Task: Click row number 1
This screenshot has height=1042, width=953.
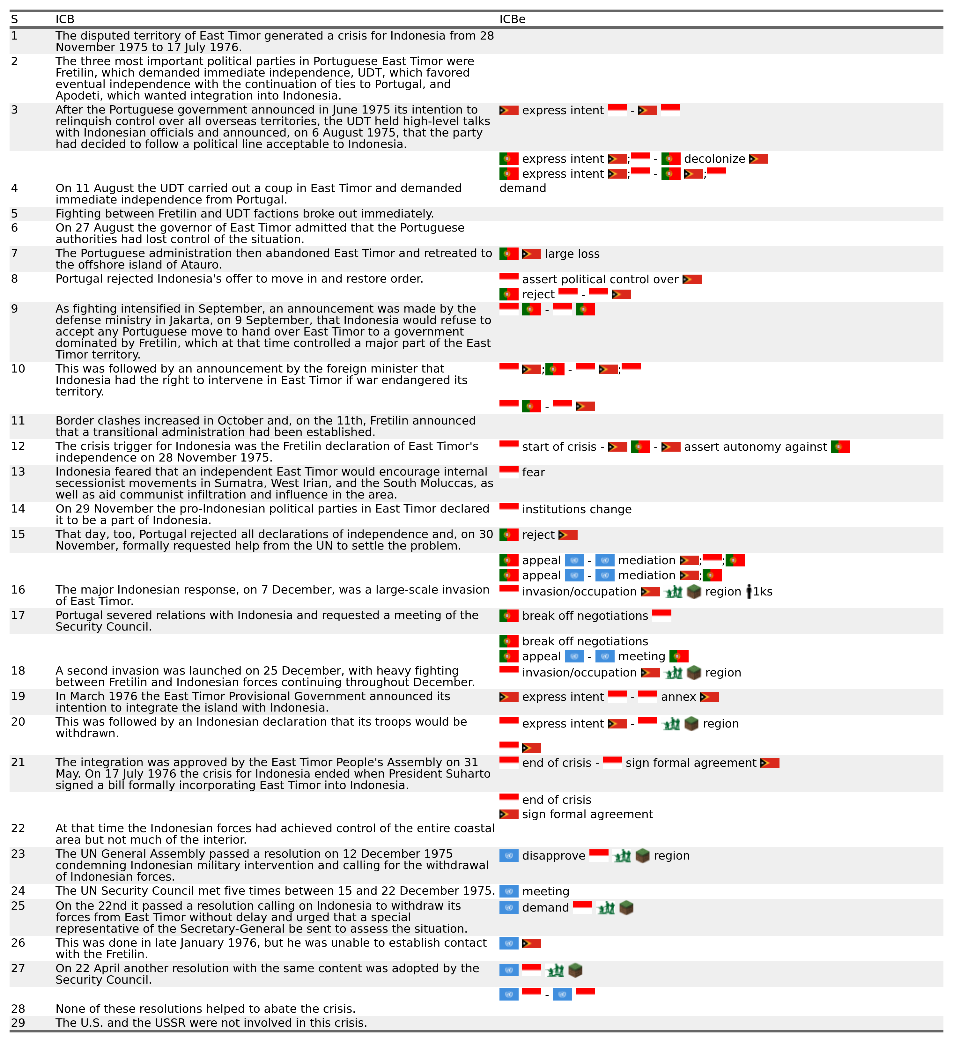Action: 14,36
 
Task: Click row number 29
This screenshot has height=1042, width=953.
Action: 18,1023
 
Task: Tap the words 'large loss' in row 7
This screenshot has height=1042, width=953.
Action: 572,254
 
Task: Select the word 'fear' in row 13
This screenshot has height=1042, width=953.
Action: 533,472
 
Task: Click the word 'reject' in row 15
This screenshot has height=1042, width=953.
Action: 538,535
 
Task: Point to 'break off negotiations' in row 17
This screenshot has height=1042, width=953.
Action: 585,616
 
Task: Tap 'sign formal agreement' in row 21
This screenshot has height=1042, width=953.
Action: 691,763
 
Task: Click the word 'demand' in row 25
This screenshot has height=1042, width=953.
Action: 545,908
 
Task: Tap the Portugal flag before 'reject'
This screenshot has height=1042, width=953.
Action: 508,535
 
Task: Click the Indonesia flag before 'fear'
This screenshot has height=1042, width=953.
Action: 508,472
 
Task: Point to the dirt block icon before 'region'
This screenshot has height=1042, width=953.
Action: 642,856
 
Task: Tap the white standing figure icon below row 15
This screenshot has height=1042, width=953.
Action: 749,591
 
